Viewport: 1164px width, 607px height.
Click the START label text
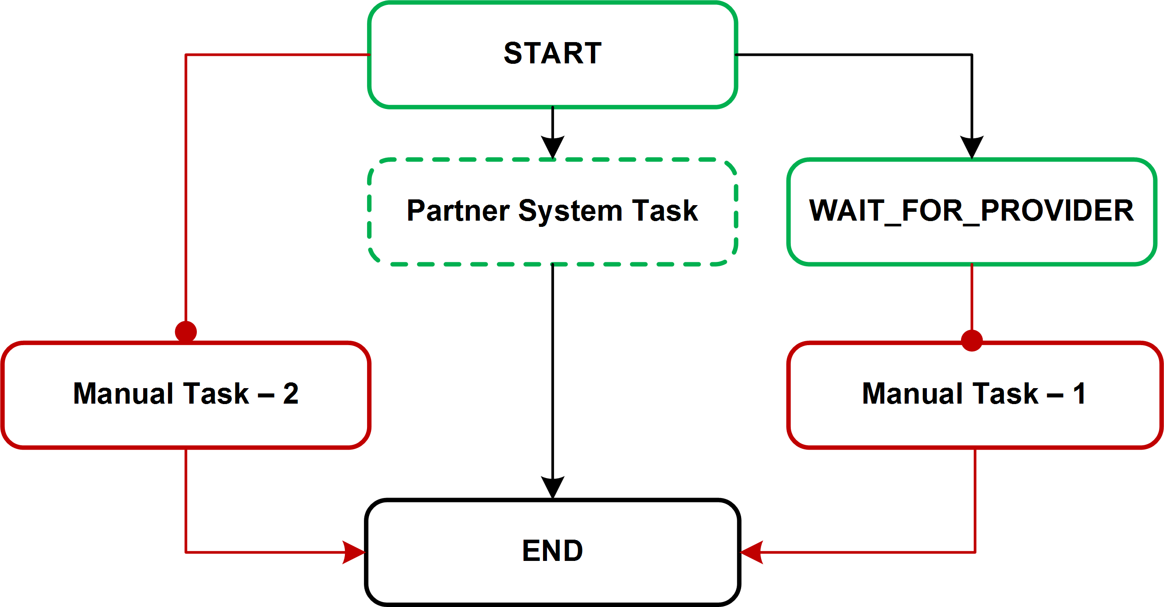[x=552, y=53]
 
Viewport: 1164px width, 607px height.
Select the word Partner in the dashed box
[x=458, y=210]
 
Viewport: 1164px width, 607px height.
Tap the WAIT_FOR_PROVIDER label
[x=972, y=210]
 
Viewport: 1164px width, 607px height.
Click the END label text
[x=552, y=551]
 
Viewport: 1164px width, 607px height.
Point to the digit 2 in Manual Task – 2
[x=290, y=393]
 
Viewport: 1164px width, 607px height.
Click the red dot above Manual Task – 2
[x=186, y=331]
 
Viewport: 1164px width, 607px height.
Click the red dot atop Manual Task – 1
[x=972, y=341]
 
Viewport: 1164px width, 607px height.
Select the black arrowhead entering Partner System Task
[x=552, y=146]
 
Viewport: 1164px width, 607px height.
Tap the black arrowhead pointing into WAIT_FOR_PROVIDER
[x=972, y=146]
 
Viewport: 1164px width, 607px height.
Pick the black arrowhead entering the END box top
[x=552, y=486]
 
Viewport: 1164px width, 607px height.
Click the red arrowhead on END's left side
[x=354, y=552]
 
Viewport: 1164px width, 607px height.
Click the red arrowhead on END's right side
[x=751, y=552]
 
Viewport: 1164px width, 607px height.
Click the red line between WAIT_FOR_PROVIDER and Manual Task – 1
[x=972, y=298]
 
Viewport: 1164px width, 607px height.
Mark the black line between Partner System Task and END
[x=552, y=370]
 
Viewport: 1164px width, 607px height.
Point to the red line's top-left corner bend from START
[x=186, y=55]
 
